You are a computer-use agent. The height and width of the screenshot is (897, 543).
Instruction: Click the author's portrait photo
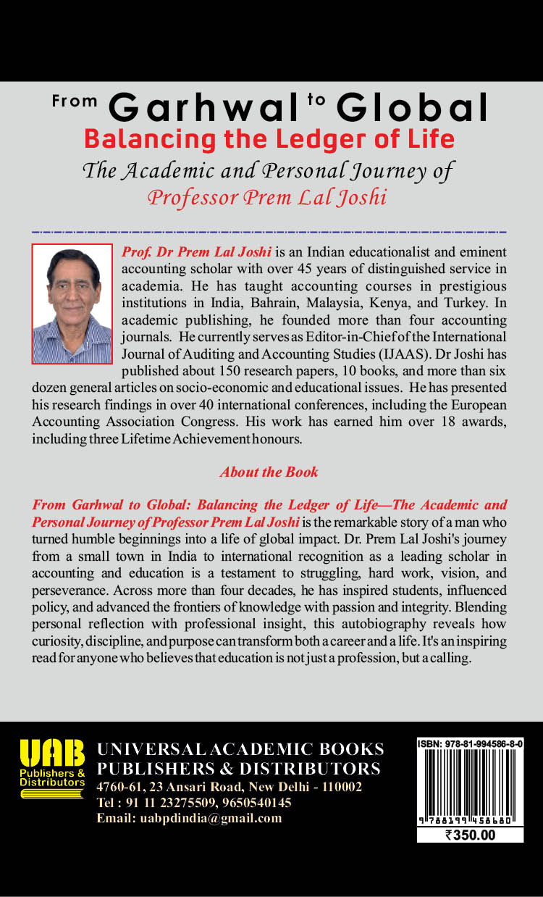point(72,303)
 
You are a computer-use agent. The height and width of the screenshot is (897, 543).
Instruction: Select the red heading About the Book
point(269,472)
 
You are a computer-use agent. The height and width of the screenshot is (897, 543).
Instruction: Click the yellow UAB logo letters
point(52,754)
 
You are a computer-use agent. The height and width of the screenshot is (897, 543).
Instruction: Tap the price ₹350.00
point(471,834)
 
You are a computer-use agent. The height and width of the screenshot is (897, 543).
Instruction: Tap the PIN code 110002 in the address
point(341,787)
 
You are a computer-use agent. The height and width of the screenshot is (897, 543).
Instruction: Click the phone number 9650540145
point(256,803)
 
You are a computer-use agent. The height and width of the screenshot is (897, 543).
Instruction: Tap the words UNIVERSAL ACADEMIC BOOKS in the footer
point(240,748)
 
